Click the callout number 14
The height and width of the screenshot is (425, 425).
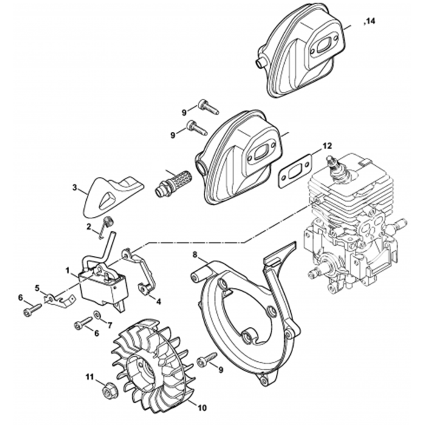tap(370, 21)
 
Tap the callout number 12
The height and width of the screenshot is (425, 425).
tap(327, 146)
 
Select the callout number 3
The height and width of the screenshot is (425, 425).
tap(74, 187)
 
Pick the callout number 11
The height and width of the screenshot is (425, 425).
tap(90, 377)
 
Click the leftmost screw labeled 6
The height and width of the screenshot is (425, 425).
tap(32, 310)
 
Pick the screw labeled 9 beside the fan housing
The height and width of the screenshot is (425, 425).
tap(208, 357)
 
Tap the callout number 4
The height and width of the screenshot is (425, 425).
tap(158, 301)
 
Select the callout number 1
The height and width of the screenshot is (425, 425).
tap(67, 270)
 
